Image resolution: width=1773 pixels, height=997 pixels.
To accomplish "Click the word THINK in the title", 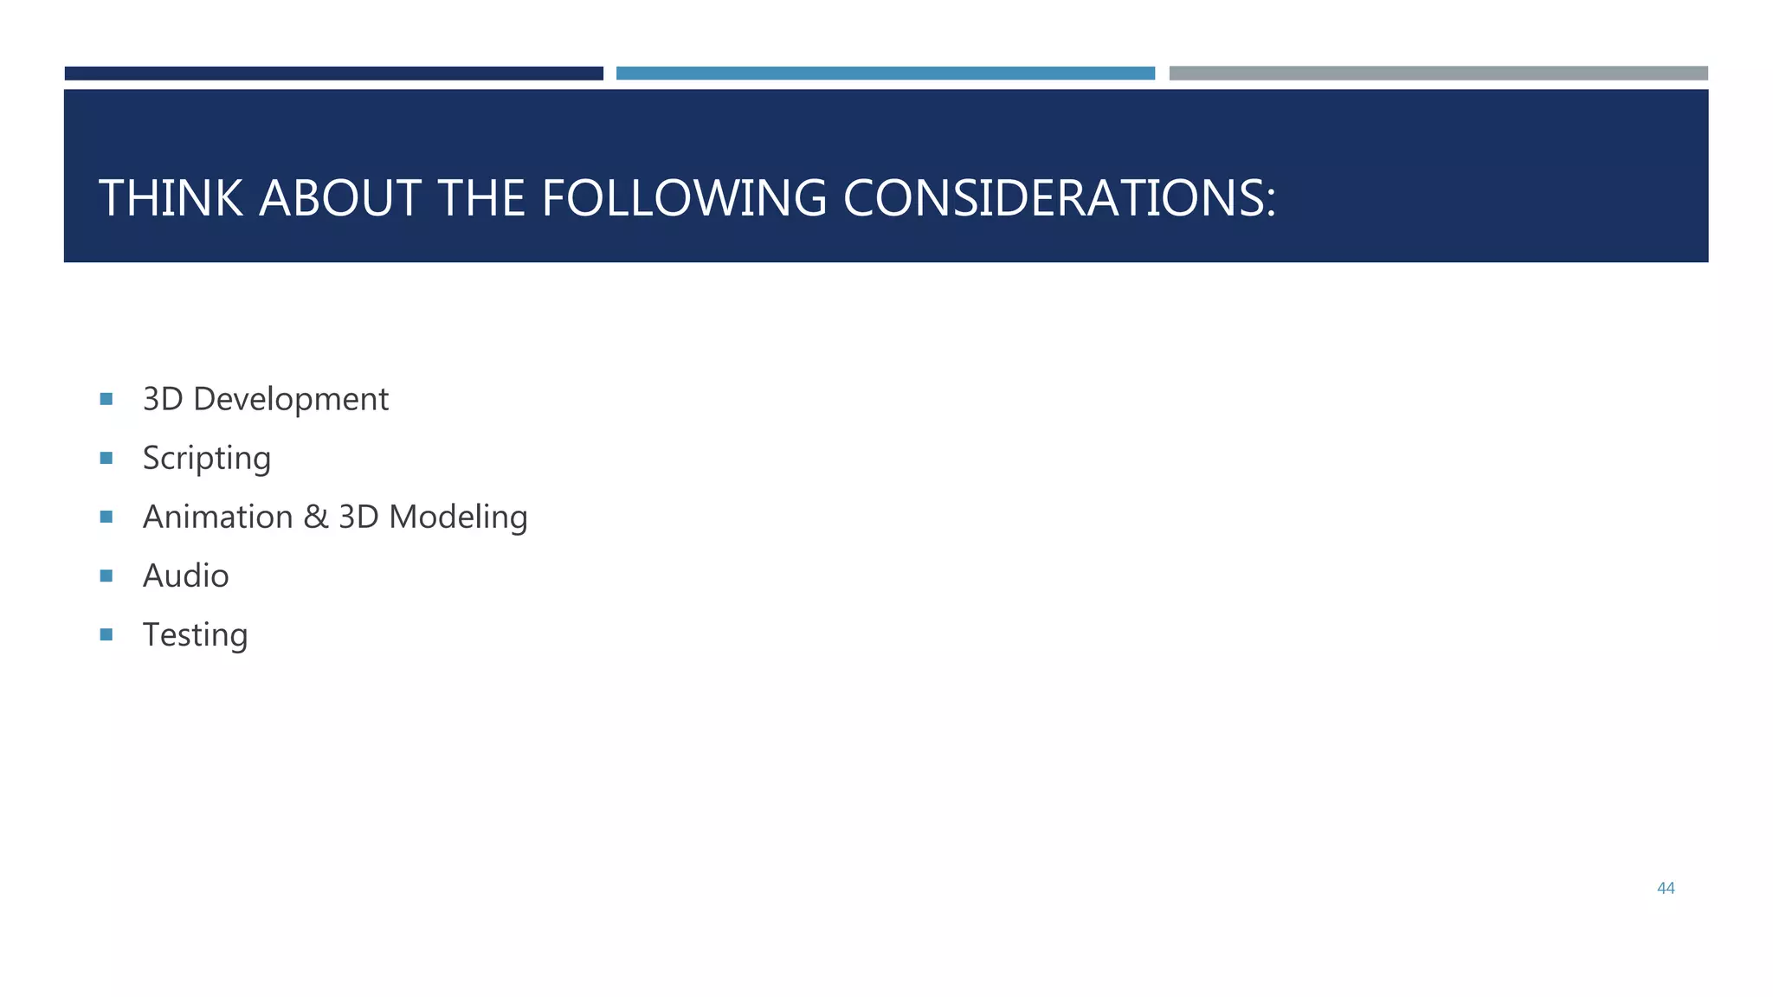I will (171, 198).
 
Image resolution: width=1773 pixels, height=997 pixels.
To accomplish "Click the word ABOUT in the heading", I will (340, 198).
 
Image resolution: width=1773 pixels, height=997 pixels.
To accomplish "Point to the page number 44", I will (1666, 888).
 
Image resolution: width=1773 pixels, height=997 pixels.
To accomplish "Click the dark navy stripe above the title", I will (333, 74).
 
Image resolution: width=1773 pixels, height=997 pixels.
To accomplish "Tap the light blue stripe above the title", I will (885, 74).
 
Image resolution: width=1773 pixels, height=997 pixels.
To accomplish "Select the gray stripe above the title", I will (1438, 74).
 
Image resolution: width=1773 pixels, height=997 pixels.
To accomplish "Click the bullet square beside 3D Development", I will (106, 399).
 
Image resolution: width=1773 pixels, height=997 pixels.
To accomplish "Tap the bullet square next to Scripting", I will (106, 458).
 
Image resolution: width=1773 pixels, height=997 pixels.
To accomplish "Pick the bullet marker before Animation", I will (106, 517).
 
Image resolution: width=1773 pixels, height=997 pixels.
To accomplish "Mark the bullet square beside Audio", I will (106, 576).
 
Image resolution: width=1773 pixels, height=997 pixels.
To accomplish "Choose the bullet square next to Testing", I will (106, 634).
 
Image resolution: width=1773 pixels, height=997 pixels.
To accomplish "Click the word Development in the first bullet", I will (291, 400).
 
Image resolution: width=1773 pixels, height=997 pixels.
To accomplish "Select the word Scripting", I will (206, 459).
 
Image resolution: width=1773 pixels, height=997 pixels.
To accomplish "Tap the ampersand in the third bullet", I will (315, 518).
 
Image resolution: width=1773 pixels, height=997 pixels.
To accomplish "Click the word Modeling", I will (458, 518).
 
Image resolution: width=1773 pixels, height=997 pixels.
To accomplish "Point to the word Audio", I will (185, 576).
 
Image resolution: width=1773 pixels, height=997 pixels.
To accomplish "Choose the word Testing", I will (195, 635).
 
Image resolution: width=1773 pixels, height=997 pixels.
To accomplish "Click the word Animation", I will (217, 518).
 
